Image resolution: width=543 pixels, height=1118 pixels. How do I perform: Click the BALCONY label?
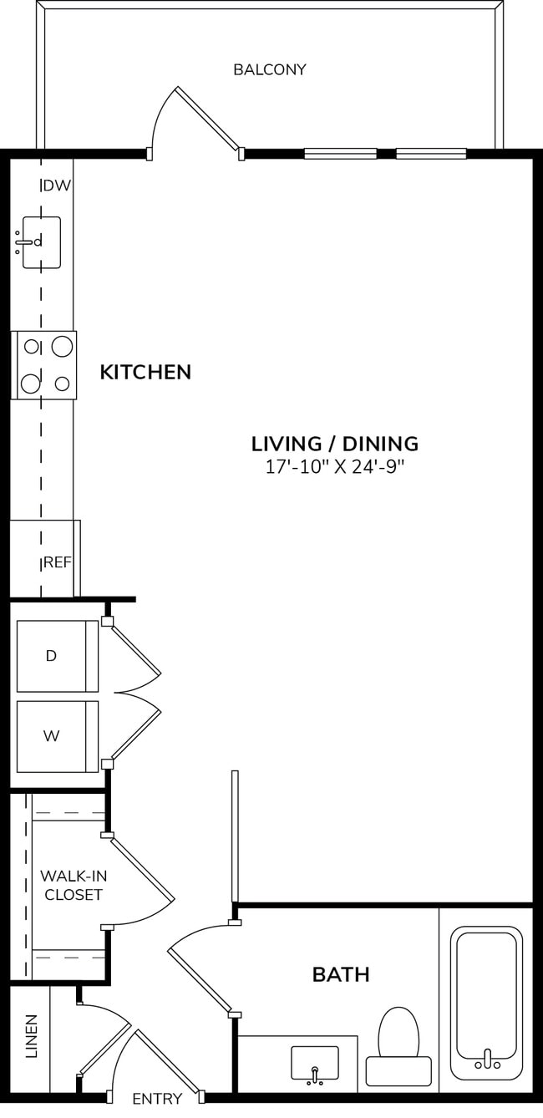pyautogui.click(x=269, y=69)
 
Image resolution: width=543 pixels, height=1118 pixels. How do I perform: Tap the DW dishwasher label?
pyautogui.click(x=57, y=185)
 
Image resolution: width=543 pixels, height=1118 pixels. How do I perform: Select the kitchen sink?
pyautogui.click(x=41, y=242)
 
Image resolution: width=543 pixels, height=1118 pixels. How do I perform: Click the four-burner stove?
pyautogui.click(x=44, y=365)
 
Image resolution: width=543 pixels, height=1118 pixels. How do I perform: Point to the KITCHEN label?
pyautogui.click(x=145, y=372)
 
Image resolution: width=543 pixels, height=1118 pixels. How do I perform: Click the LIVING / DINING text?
pyautogui.click(x=334, y=444)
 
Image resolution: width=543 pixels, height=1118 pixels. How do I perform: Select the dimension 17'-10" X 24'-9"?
pyautogui.click(x=334, y=467)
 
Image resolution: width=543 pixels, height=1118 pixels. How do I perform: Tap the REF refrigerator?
pyautogui.click(x=46, y=558)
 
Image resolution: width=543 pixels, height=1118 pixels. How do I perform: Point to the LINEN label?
pyautogui.click(x=31, y=1036)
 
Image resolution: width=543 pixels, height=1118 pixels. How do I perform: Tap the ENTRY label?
pyautogui.click(x=157, y=1099)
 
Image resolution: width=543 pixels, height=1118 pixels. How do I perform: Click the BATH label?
pyautogui.click(x=341, y=974)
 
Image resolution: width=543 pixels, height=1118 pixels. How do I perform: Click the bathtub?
pyautogui.click(x=486, y=1003)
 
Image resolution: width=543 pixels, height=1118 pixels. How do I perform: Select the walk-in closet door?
pyautogui.click(x=140, y=877)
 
